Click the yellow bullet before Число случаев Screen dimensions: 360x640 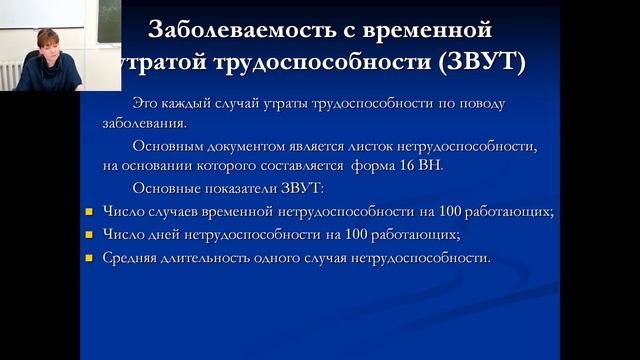click(87, 212)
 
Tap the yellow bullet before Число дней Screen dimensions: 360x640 click(87, 235)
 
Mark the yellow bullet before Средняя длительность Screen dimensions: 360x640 click(87, 258)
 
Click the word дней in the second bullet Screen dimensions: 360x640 click(162, 235)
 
